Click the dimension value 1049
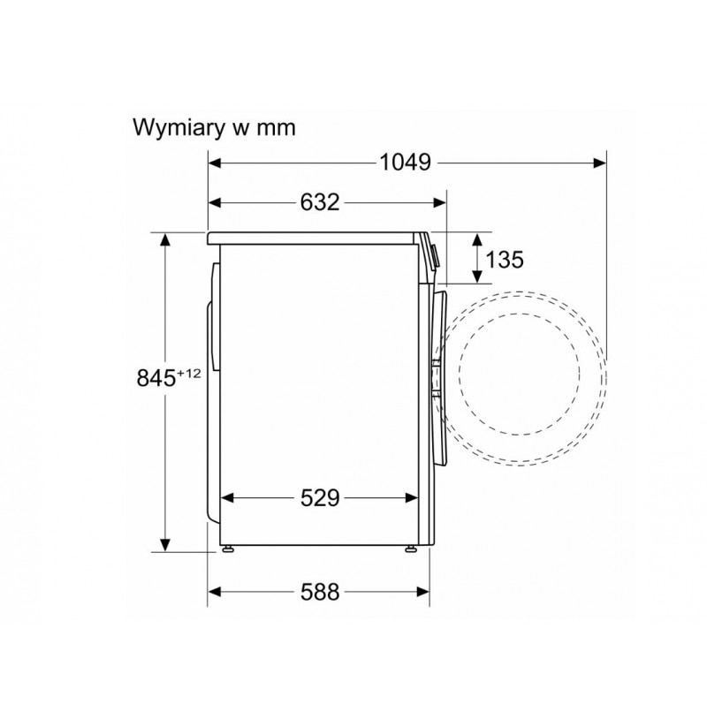coord(406,163)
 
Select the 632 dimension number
coord(320,202)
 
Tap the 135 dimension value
coord(505,260)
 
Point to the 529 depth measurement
coord(320,498)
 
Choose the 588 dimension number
coord(320,592)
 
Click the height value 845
coord(156,378)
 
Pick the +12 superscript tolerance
coord(189,374)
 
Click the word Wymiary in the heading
coord(176,128)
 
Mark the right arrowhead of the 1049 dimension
coord(600,163)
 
